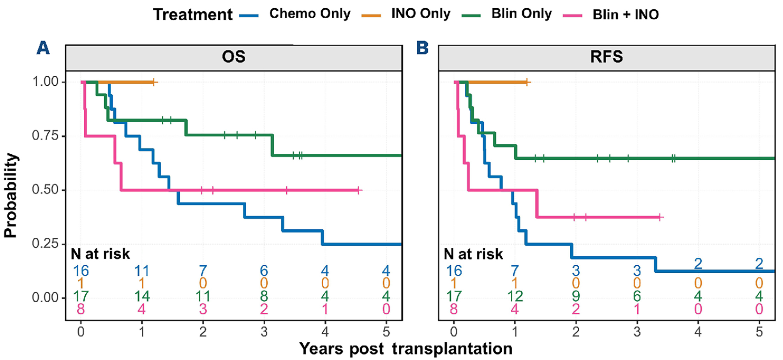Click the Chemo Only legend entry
[x=310, y=14]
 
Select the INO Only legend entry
[x=421, y=14]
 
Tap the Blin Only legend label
[x=522, y=14]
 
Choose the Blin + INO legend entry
[x=626, y=15]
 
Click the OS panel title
[x=234, y=57]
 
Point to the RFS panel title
[x=607, y=57]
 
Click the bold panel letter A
[x=43, y=48]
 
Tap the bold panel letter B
[x=422, y=48]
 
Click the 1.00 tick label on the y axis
[x=45, y=82]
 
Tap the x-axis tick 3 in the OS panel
[x=264, y=332]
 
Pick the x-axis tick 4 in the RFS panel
[x=698, y=332]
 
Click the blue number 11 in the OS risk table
[x=142, y=270]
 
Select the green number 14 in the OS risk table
[x=142, y=296]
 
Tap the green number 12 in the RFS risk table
[x=515, y=296]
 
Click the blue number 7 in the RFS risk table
[x=515, y=270]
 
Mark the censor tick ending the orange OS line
[x=154, y=82]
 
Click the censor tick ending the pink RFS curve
[x=660, y=217]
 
